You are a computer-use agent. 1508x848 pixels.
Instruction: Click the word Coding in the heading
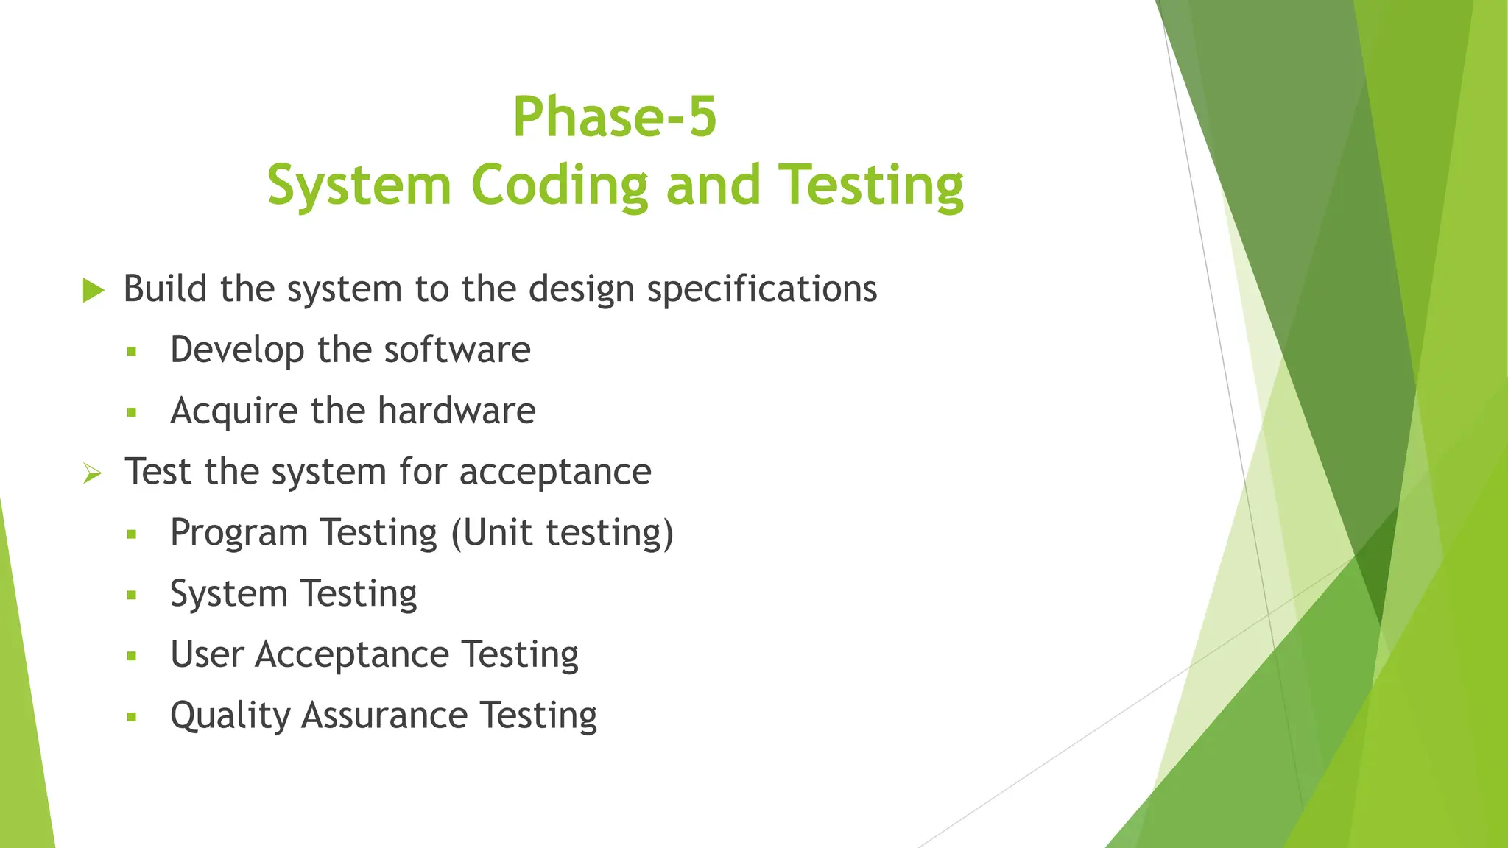560,185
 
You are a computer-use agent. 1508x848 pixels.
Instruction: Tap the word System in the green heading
359,185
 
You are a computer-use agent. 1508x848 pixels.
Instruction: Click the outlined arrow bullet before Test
93,473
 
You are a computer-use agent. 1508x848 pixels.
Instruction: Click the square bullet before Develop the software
132,351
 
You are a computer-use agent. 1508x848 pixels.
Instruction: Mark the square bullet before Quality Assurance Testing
132,717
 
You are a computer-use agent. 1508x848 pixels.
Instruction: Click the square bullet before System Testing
132,595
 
